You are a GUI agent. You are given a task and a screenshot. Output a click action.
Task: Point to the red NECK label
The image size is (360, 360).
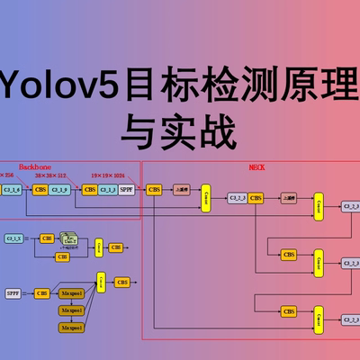point(256,167)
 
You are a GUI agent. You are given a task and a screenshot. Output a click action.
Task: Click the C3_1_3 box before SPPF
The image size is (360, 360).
point(108,190)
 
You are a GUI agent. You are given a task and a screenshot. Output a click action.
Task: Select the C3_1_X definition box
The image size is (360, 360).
point(13,238)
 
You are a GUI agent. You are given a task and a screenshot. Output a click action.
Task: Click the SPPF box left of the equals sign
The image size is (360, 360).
point(13,292)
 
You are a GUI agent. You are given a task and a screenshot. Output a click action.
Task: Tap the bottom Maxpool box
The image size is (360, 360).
point(72,327)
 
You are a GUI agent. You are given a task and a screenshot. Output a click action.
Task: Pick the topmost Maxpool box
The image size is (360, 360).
point(72,292)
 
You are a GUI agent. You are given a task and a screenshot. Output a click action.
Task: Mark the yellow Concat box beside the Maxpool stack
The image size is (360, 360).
point(100,283)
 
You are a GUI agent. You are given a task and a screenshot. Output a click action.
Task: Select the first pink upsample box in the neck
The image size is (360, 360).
point(182,190)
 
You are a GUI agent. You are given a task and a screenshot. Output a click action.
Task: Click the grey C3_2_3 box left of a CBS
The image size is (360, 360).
point(237,198)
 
